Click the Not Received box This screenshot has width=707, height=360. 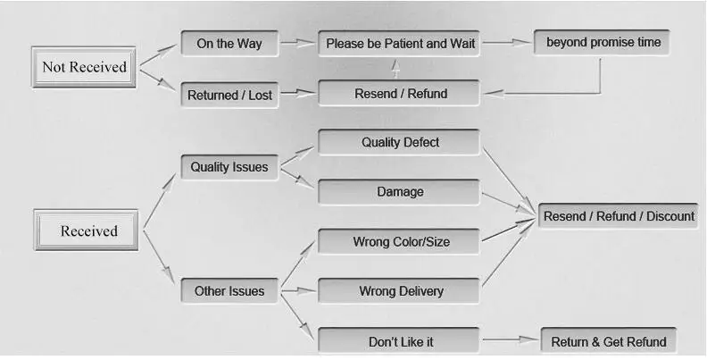(x=84, y=67)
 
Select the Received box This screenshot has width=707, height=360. (x=86, y=230)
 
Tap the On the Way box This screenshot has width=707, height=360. (x=229, y=43)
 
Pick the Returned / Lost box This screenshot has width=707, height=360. (x=229, y=95)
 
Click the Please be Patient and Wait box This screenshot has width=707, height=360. (x=399, y=43)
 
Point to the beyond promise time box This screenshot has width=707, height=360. (x=602, y=42)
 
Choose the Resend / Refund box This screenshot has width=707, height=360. (x=399, y=94)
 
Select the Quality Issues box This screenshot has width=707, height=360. (x=229, y=167)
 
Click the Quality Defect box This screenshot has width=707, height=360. (x=399, y=142)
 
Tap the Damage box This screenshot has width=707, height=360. (x=399, y=192)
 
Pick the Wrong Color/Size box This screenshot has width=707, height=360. (x=399, y=241)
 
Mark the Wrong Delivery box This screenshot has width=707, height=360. (x=399, y=291)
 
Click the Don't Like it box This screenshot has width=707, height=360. (x=399, y=341)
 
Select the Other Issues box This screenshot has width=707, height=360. (x=229, y=291)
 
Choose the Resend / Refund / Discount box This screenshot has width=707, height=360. (x=618, y=215)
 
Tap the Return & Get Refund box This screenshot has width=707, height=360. (x=608, y=341)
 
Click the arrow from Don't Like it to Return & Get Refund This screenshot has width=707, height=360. (x=511, y=339)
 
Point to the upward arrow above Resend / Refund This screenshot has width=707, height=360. (x=395, y=69)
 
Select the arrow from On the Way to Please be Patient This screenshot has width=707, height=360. (x=298, y=43)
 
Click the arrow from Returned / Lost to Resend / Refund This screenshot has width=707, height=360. (x=298, y=93)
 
